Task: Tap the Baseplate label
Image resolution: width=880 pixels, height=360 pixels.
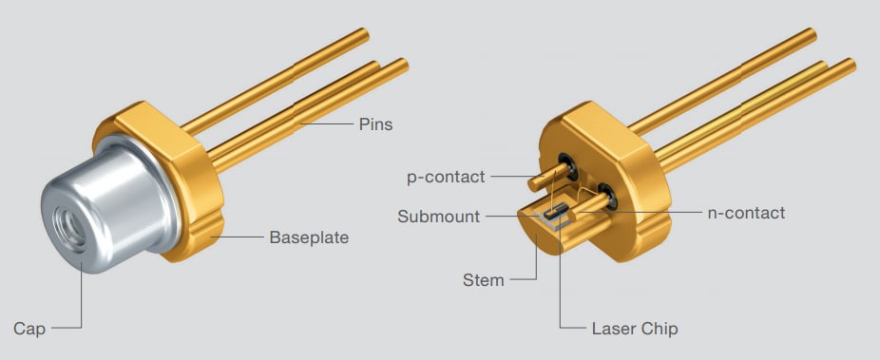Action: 309,237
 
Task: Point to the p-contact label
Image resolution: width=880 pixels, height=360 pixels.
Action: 445,177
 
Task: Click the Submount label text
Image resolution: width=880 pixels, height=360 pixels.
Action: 439,217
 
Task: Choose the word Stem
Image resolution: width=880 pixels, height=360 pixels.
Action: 483,280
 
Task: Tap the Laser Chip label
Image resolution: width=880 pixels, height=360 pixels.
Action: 634,329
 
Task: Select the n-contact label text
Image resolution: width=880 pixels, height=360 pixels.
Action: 746,213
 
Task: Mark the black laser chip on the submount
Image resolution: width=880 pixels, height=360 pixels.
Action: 562,211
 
